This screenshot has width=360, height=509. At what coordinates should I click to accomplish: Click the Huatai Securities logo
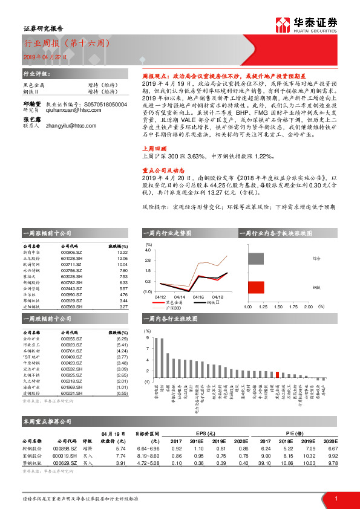[x=306, y=25]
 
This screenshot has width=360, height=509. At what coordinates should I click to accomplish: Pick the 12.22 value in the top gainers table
[x=122, y=253]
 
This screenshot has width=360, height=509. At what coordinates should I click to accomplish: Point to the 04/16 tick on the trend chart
[x=199, y=297]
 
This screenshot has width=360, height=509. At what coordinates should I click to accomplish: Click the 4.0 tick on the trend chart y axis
[x=148, y=250]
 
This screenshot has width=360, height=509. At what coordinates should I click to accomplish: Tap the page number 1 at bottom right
[x=336, y=498]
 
